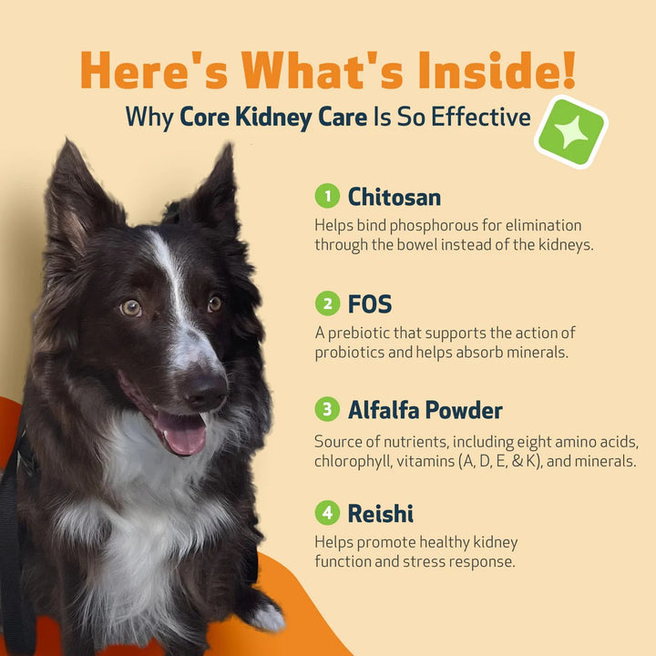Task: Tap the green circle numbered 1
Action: (x=326, y=196)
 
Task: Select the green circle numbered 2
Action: (x=326, y=302)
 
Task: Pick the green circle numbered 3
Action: (x=326, y=410)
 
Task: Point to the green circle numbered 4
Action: (x=326, y=513)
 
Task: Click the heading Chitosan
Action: (x=395, y=196)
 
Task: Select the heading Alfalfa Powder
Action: (x=425, y=410)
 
